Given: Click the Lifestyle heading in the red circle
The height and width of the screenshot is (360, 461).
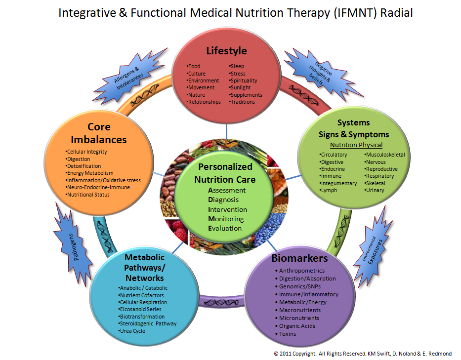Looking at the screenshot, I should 226,51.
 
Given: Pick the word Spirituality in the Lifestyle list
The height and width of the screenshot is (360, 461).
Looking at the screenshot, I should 243,80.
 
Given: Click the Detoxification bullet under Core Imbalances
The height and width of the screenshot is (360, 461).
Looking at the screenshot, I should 84,166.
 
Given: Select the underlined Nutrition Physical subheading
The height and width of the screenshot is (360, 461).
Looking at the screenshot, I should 356,145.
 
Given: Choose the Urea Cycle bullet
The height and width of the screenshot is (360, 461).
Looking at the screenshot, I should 132,331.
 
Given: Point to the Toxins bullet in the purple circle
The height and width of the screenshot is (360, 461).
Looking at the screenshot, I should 288,334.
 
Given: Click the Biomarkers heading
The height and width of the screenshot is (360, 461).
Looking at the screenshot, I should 299,258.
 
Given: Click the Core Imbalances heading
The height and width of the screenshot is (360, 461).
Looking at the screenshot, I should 98,133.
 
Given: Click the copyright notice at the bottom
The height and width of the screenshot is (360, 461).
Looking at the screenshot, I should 363,354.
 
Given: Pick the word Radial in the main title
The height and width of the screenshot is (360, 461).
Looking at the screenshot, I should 396,13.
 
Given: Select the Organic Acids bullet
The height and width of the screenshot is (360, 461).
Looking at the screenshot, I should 297,326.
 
